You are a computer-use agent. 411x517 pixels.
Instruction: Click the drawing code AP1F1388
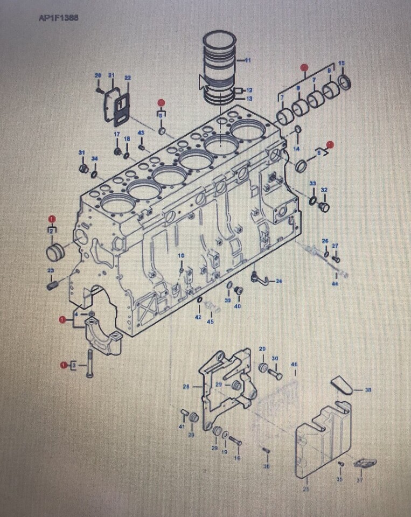tap(59, 18)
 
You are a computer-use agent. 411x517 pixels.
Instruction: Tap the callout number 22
tap(127, 78)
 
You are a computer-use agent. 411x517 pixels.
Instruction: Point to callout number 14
tap(296, 148)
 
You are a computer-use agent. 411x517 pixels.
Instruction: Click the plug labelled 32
tap(324, 206)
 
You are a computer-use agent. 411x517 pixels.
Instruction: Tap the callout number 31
tap(82, 153)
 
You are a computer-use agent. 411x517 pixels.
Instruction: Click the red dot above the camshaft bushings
tap(304, 67)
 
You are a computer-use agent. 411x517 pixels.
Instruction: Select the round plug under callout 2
tap(55, 251)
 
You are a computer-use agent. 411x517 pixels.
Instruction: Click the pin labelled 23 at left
tap(52, 284)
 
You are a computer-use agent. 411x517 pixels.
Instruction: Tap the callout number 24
tap(279, 281)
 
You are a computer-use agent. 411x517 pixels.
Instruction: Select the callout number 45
tap(210, 322)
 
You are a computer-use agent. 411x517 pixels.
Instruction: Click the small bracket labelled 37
tap(365, 463)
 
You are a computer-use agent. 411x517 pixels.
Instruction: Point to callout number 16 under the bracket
tap(238, 458)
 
